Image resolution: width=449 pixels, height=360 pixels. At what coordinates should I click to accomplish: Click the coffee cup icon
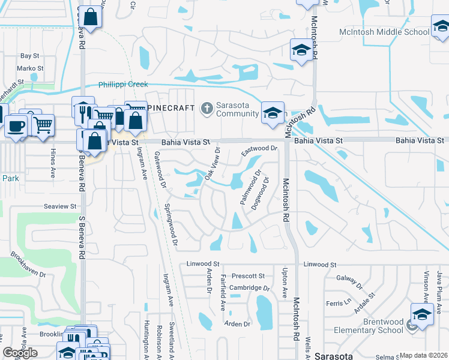pos(16,126)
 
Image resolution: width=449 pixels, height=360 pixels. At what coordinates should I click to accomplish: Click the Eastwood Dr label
pos(259,148)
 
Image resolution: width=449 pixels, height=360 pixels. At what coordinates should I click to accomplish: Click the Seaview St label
pos(60,206)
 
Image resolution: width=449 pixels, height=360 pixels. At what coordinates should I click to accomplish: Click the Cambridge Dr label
pos(250,288)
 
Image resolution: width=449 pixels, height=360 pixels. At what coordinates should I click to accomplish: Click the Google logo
pos(20,353)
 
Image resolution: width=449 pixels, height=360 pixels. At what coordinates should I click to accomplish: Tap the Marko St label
pos(30,69)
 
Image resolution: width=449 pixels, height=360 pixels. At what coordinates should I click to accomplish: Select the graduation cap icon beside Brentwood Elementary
pos(423,314)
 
